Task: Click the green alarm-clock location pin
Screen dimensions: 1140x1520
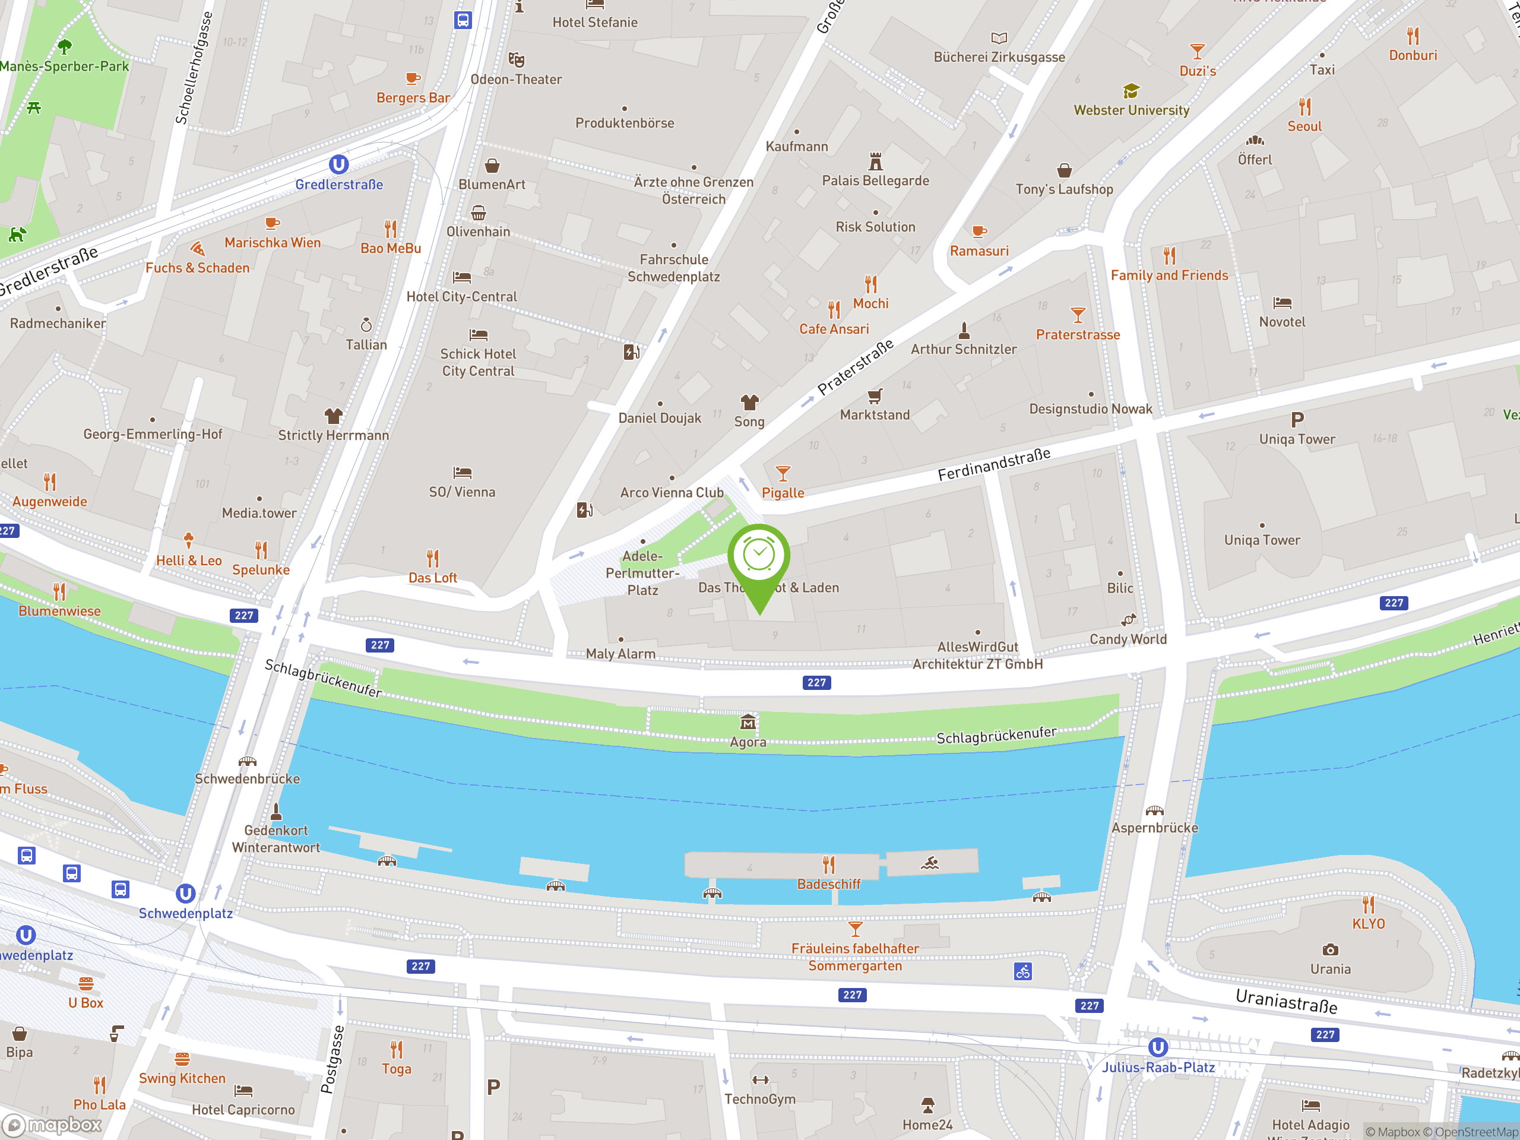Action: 759,556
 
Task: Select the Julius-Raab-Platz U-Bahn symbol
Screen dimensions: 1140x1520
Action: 1158,1047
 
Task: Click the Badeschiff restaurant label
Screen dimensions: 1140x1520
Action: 828,884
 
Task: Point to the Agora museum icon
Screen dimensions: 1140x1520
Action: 748,722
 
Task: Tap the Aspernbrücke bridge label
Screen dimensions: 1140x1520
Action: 1154,828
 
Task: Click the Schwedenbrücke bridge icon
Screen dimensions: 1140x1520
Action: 248,761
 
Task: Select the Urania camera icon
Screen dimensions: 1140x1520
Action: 1331,949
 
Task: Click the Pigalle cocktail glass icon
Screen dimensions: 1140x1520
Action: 783,473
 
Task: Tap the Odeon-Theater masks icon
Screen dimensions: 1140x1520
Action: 516,60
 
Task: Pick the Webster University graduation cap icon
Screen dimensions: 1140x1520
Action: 1131,91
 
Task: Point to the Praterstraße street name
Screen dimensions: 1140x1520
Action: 855,368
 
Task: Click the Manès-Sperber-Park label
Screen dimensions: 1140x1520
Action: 65,66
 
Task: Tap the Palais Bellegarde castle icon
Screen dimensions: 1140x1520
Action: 875,161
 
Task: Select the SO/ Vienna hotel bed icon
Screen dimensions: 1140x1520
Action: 463,473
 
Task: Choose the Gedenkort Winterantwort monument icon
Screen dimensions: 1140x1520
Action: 276,812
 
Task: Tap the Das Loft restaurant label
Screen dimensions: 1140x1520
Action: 432,578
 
